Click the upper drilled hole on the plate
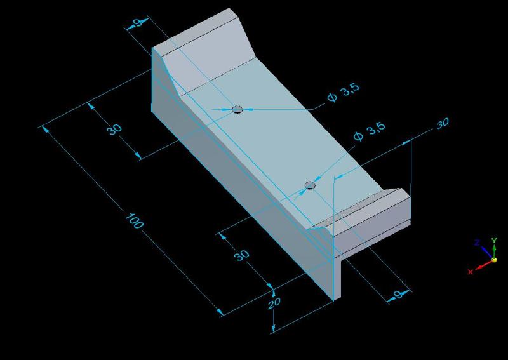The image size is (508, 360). [x=237, y=109]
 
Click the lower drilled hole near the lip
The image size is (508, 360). [x=310, y=185]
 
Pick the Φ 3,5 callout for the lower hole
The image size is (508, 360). [x=370, y=131]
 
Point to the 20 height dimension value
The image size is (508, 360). [x=274, y=304]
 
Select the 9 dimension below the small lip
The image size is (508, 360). [x=398, y=295]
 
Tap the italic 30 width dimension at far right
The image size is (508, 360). [x=443, y=124]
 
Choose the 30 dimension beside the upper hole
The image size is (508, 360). [x=114, y=130]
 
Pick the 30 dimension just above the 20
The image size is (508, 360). [x=241, y=255]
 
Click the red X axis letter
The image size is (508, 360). [x=471, y=272]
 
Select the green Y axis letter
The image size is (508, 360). [x=494, y=241]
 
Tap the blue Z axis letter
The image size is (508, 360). [x=477, y=243]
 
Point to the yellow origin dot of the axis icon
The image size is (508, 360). [x=493, y=260]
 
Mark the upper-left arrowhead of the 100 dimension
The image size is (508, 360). [x=45, y=129]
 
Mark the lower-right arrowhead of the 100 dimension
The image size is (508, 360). [x=220, y=312]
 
